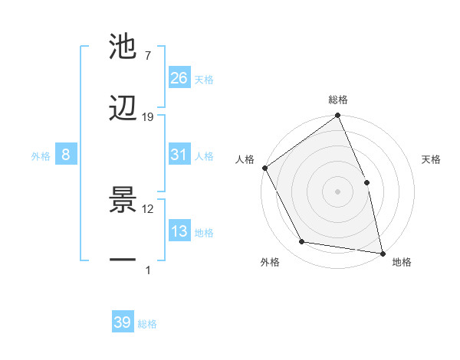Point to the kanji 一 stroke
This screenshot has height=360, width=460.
(x=123, y=260)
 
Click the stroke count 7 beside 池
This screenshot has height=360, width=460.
(x=147, y=56)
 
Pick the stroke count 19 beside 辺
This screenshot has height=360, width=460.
(x=148, y=116)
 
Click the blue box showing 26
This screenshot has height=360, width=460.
(x=179, y=78)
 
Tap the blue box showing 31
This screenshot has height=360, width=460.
(x=179, y=155)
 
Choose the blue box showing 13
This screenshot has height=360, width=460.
(x=179, y=231)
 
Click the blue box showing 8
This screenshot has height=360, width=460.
(x=66, y=155)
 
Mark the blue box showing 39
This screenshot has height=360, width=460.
(x=123, y=322)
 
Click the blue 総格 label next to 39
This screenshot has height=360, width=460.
(x=148, y=324)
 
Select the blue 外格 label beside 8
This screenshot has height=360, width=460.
(x=41, y=156)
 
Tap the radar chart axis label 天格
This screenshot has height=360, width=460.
(x=432, y=159)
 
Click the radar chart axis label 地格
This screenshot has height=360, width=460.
(x=402, y=262)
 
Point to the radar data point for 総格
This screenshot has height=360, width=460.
(x=337, y=116)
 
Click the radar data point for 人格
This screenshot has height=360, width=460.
(x=264, y=168)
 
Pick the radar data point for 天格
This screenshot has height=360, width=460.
(x=366, y=182)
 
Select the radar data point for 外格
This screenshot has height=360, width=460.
(x=302, y=242)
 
